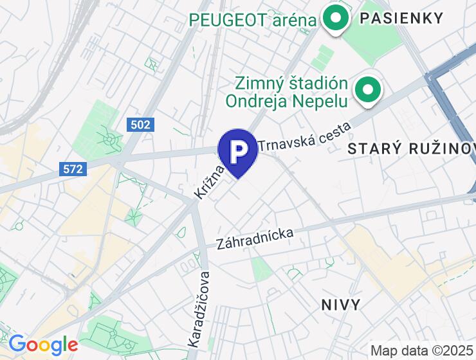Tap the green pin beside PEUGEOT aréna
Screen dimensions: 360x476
[x=334, y=18]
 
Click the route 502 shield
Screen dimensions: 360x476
[x=140, y=124]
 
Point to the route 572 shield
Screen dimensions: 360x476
[x=73, y=169]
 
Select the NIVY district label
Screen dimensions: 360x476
[x=341, y=305]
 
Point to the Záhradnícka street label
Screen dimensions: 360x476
[x=255, y=239]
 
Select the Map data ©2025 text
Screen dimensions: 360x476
[x=422, y=350]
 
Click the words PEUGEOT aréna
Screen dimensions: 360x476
[x=253, y=21]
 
